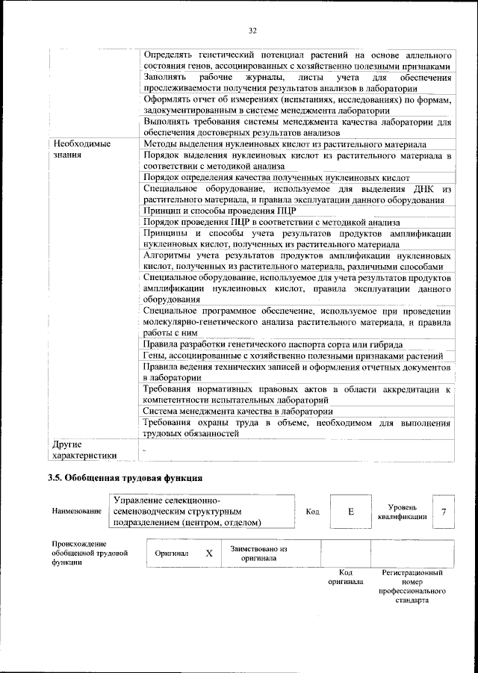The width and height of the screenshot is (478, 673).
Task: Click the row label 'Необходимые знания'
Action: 81,148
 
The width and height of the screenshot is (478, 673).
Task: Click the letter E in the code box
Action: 350,512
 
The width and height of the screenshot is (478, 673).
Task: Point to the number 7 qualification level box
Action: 444,512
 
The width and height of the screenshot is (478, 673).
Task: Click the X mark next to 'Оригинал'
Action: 209,553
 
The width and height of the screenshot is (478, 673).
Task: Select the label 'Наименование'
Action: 78,512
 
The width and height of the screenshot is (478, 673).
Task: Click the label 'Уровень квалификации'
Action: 403,512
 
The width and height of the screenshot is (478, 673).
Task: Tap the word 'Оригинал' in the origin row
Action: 171,553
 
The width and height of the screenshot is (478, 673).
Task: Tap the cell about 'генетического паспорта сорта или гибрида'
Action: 273,344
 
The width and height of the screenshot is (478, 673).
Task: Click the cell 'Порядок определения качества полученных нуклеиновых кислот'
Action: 276,178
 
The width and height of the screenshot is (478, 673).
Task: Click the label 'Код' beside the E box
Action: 313,512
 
